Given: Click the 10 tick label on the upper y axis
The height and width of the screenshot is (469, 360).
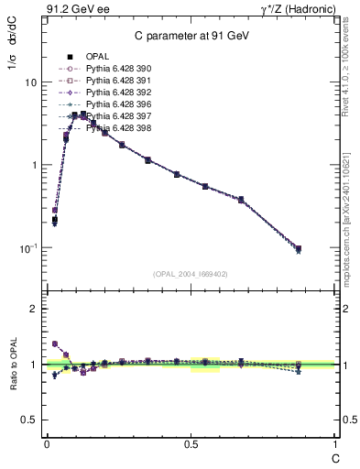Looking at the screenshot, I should (30, 82).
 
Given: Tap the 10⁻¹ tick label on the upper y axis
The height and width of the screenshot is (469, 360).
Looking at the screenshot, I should (28, 247).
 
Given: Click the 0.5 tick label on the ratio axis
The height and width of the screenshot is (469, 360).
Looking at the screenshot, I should (30, 420).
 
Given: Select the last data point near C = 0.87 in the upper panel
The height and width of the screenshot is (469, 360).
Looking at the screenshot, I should (299, 249).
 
